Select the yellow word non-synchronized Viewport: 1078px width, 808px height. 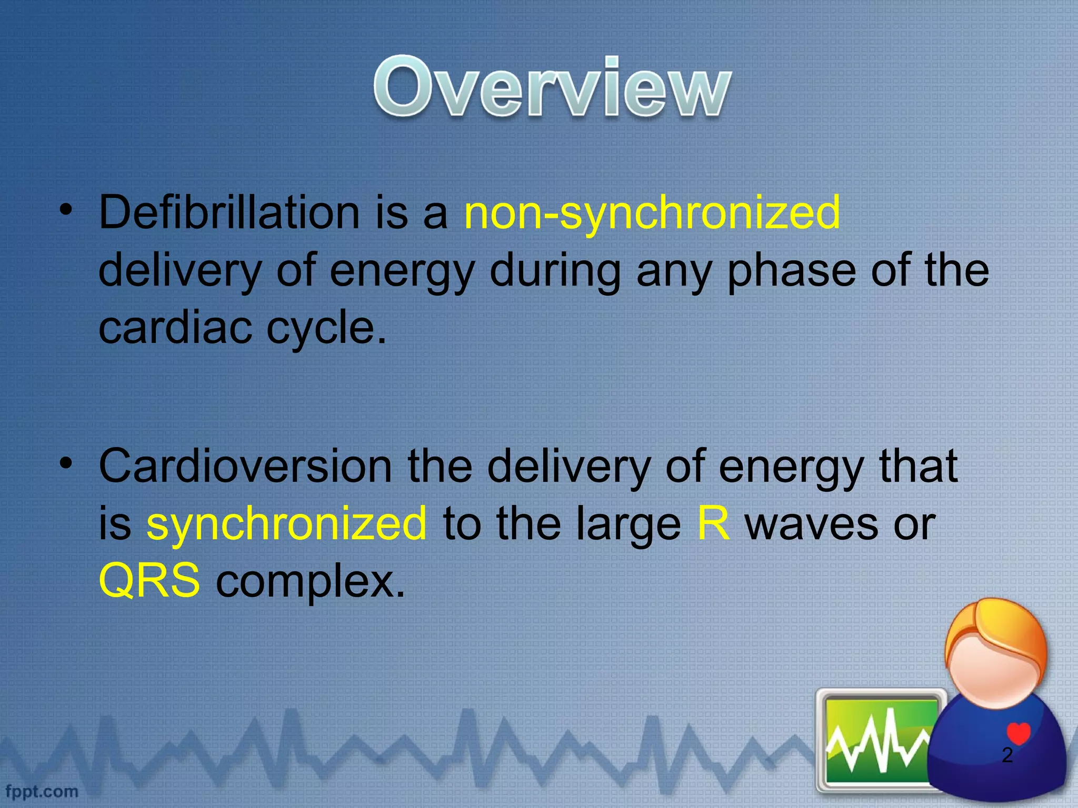652,213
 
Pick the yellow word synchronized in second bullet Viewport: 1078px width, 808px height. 286,523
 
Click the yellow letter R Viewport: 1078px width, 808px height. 713,523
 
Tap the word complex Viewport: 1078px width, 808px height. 311,581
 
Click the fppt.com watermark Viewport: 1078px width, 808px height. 42,791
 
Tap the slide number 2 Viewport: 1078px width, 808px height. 1007,755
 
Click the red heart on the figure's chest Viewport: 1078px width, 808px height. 1018,733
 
